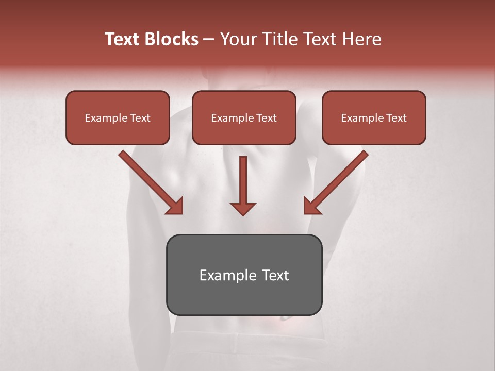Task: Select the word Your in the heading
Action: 237,39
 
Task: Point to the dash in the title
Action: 209,40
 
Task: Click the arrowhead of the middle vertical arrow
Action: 243,208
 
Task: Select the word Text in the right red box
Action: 396,118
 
